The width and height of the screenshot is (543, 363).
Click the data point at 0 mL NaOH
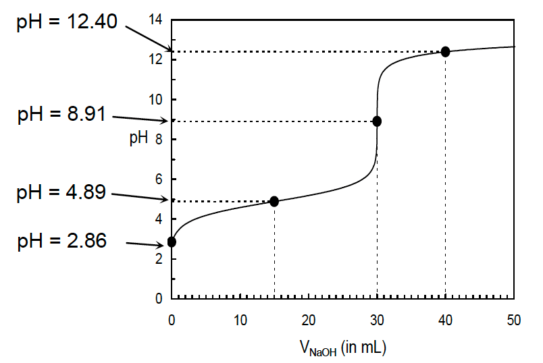click(x=172, y=242)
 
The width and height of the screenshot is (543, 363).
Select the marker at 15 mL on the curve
click(x=274, y=201)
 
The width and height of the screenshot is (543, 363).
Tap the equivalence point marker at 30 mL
click(x=377, y=121)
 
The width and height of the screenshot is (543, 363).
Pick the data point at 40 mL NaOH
click(x=445, y=52)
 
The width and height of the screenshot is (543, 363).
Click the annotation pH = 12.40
click(x=67, y=22)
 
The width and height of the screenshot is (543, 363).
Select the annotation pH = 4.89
click(x=61, y=193)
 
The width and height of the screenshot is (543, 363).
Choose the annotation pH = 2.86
click(x=61, y=241)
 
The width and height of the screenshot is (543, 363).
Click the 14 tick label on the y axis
click(x=155, y=20)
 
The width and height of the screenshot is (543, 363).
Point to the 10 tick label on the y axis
click(x=155, y=100)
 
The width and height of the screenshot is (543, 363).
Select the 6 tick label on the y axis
click(x=159, y=179)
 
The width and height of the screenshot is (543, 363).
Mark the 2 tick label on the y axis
click(x=159, y=259)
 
